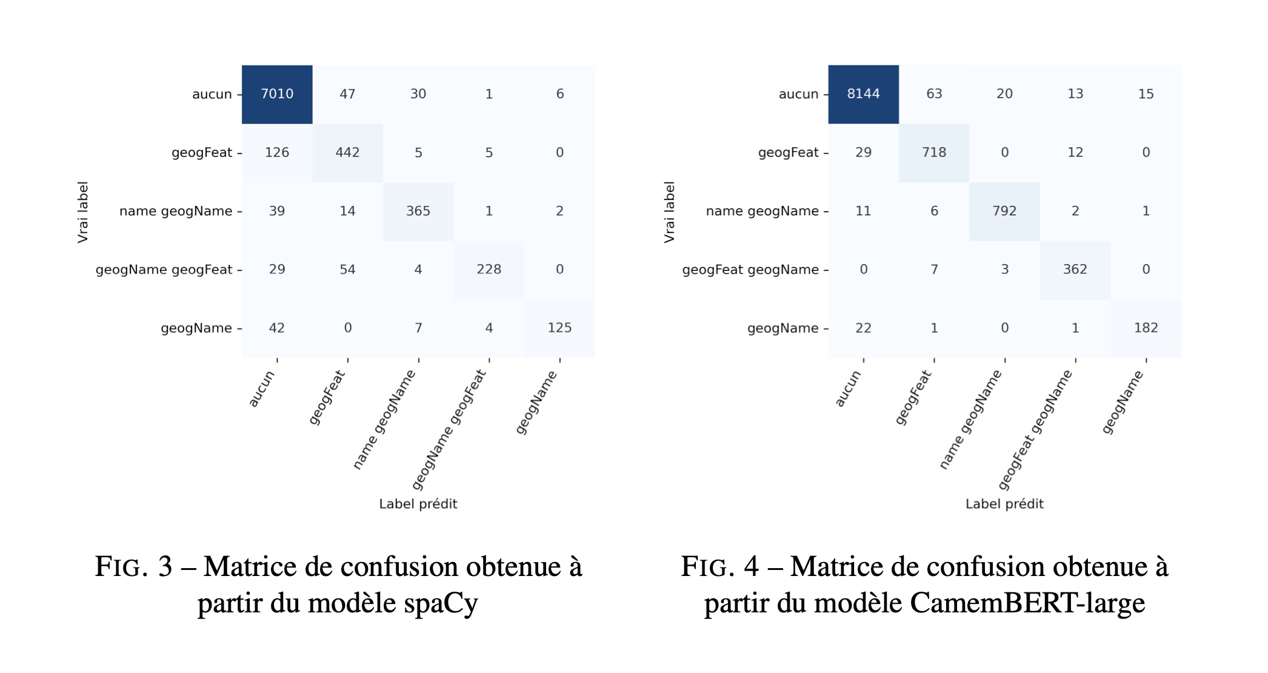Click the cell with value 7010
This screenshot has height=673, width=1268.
(x=277, y=94)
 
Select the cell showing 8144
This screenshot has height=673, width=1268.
(x=863, y=94)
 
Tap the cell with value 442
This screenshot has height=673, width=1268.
(x=347, y=153)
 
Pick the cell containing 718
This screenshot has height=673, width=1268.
(x=934, y=153)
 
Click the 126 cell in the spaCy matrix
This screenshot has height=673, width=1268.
(x=277, y=153)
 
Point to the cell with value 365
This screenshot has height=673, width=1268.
(x=418, y=211)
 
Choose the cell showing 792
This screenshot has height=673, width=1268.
(x=1004, y=211)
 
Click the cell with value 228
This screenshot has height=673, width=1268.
(x=489, y=270)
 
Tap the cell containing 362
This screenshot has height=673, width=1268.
(x=1075, y=270)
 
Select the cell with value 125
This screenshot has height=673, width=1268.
(x=559, y=328)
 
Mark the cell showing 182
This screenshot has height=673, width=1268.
(x=1146, y=328)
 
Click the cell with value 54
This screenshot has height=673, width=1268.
(x=347, y=270)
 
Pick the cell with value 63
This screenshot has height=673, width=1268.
(x=934, y=94)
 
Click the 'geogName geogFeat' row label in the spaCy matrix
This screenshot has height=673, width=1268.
(x=164, y=270)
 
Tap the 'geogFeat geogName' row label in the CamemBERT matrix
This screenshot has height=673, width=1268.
(x=750, y=270)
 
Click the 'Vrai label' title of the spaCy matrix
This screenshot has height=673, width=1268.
(x=82, y=212)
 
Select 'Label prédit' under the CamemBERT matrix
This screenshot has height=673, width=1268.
(x=1004, y=504)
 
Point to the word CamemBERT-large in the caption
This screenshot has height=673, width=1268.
(x=1027, y=603)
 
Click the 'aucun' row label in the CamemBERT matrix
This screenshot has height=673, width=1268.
(x=798, y=94)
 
